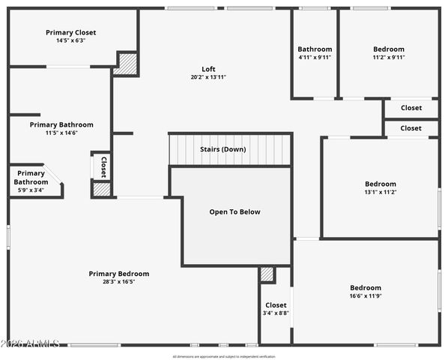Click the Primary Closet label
click(x=70, y=32)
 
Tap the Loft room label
click(x=208, y=69)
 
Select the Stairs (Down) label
click(x=223, y=149)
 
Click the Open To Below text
click(x=234, y=211)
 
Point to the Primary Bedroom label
click(x=118, y=274)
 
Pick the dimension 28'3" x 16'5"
click(x=118, y=282)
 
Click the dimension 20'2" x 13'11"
click(x=208, y=77)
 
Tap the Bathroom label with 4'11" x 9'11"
click(x=315, y=49)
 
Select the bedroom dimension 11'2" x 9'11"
click(x=389, y=57)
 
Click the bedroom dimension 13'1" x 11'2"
click(x=380, y=192)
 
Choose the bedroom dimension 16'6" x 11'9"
click(x=366, y=295)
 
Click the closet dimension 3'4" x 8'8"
click(x=276, y=313)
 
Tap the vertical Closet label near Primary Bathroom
click(x=103, y=166)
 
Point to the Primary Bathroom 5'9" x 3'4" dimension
click(x=31, y=190)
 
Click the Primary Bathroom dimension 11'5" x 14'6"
click(x=61, y=133)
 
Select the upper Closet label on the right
click(x=411, y=108)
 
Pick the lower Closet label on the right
click(x=411, y=128)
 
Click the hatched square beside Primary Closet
click(x=127, y=64)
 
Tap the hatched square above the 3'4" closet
click(x=267, y=274)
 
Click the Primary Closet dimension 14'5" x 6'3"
click(x=70, y=40)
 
